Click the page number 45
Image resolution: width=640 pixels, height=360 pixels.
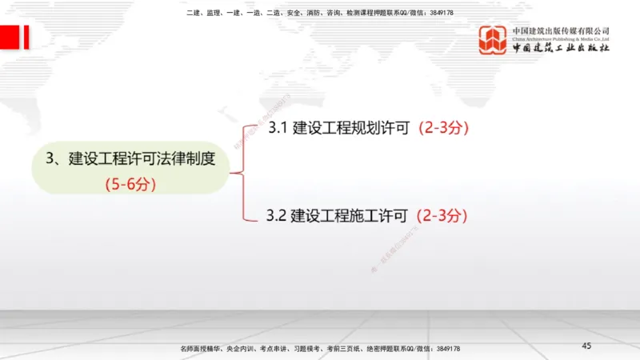tap(586, 345)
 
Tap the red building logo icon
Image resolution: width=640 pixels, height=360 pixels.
tap(494, 40)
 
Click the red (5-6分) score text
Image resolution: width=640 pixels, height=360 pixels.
tap(130, 183)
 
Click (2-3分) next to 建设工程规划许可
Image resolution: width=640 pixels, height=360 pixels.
tap(443, 128)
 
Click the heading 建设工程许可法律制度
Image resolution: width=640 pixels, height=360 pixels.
tap(142, 158)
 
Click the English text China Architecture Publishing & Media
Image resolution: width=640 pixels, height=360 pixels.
tap(561, 38)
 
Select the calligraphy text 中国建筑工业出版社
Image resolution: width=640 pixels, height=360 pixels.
tap(561, 48)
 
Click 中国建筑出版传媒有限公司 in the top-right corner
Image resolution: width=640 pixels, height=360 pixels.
tap(561, 30)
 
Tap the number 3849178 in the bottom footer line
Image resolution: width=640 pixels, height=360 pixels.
tap(445, 349)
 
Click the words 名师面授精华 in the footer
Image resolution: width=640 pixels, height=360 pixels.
tap(201, 349)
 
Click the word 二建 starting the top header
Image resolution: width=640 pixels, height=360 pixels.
tap(192, 13)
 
